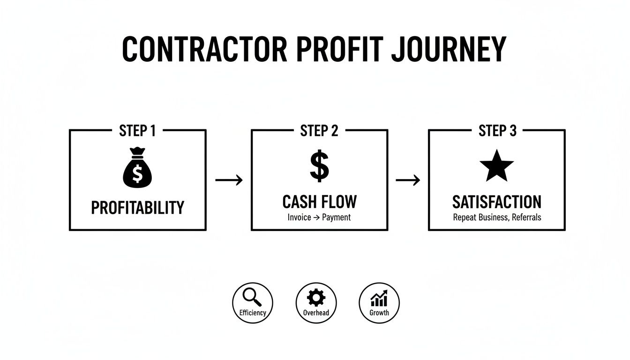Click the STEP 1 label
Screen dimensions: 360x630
click(137, 131)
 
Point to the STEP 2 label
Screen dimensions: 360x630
click(319, 131)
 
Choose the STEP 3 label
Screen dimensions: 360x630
click(497, 131)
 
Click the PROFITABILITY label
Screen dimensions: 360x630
click(137, 207)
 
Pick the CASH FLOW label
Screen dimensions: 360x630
click(319, 202)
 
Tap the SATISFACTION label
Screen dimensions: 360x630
click(497, 202)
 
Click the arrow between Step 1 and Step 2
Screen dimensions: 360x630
click(229, 180)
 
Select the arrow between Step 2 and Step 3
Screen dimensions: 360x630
click(408, 180)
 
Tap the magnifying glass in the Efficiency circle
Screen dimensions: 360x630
click(252, 297)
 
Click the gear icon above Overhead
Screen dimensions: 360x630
click(315, 298)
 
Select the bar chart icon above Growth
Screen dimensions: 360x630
click(379, 298)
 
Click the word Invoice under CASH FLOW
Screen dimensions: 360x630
click(299, 217)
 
